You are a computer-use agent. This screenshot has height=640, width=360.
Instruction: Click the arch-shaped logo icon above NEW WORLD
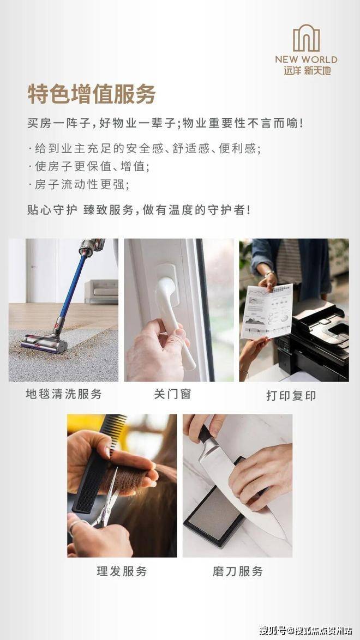307,38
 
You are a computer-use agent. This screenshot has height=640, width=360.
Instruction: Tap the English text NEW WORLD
306,59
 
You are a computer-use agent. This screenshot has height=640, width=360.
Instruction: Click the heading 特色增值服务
92,94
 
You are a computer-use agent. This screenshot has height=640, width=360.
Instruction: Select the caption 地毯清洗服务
64,394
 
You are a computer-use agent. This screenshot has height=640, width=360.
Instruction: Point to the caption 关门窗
172,394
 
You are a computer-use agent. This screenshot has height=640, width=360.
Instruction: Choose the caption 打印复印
291,396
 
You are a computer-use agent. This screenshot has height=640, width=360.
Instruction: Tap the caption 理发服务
122,571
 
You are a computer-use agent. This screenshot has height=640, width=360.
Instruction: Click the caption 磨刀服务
237,571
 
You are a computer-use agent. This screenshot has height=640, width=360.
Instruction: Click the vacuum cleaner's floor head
44,343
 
